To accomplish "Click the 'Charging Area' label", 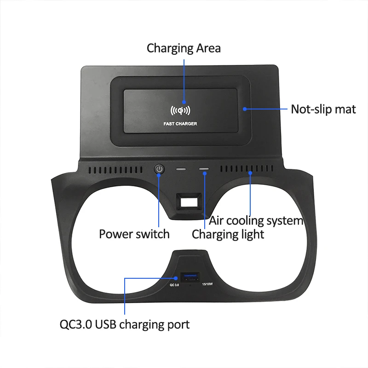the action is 184,48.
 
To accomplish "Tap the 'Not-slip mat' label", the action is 323,109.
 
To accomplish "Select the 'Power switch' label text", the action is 134,234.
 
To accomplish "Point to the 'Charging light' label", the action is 228,234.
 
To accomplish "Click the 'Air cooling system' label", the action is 256,220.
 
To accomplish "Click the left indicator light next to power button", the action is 180,169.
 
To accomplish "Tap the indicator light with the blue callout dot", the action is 204,169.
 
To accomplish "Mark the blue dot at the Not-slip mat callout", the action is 245,109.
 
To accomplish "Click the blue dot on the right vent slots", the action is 251,172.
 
